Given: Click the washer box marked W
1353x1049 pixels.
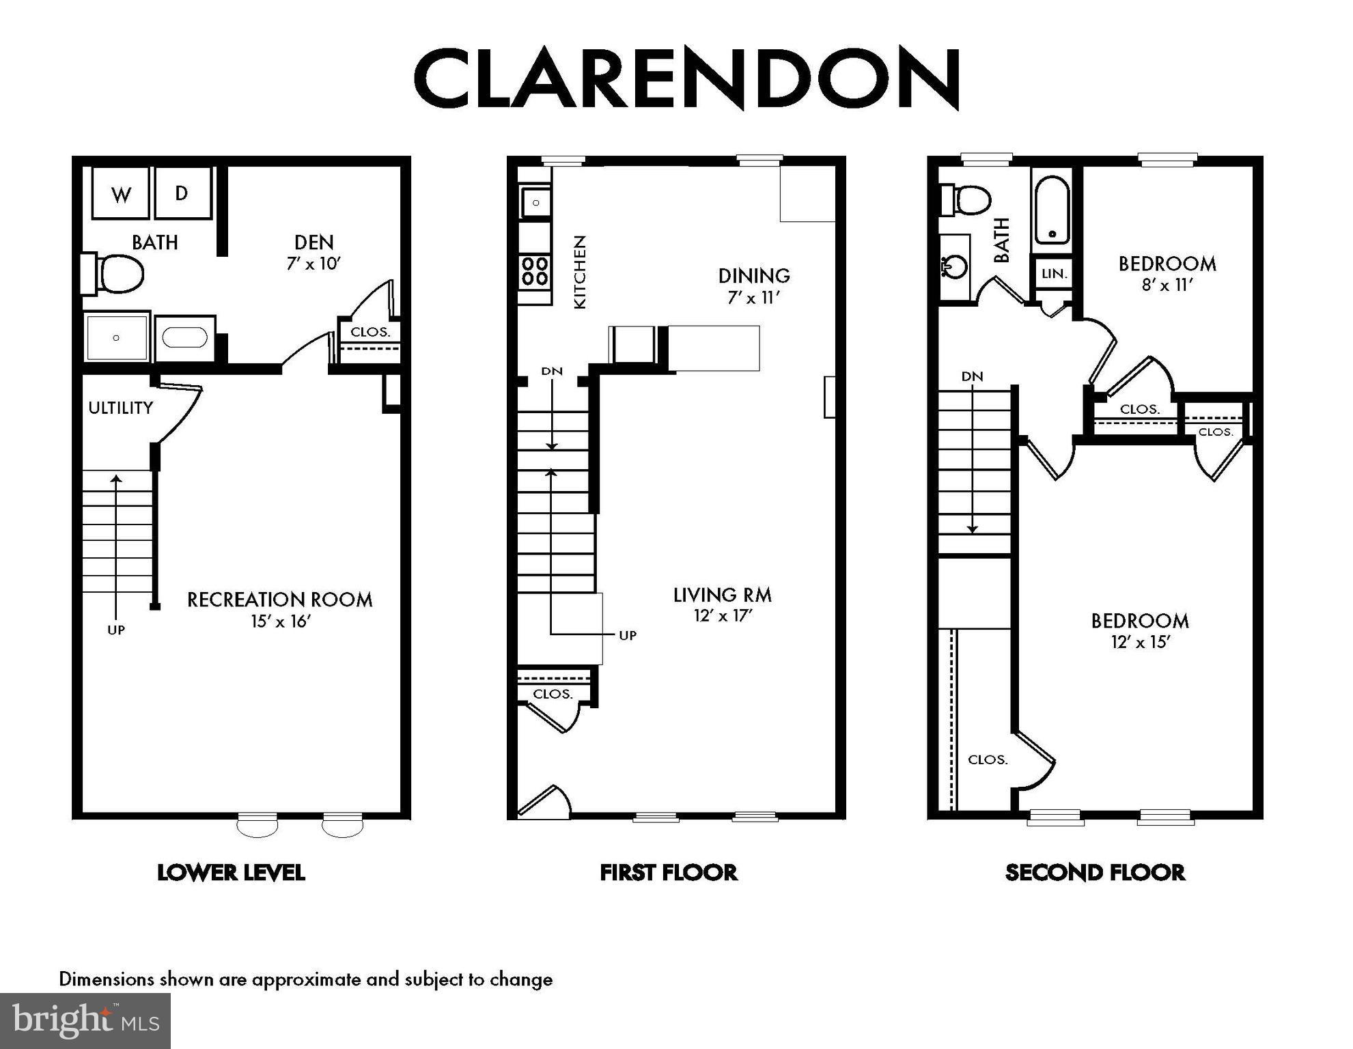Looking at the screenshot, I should pyautogui.click(x=121, y=194).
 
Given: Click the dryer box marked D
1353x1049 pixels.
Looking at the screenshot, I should pyautogui.click(x=182, y=193).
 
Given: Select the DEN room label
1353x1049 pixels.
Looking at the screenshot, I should pyautogui.click(x=314, y=242).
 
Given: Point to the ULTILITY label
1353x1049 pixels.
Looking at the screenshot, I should pyautogui.click(x=121, y=408).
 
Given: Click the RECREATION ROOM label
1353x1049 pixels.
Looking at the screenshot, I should pyautogui.click(x=279, y=600).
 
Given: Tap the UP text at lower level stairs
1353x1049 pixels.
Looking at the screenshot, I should pyautogui.click(x=116, y=630).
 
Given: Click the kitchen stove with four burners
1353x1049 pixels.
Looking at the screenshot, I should pyautogui.click(x=535, y=270).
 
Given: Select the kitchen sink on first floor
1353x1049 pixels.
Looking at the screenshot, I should pyautogui.click(x=536, y=202).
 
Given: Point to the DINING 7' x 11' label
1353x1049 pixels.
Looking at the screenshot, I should pyautogui.click(x=754, y=285).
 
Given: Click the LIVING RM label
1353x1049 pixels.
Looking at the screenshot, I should pyautogui.click(x=723, y=595).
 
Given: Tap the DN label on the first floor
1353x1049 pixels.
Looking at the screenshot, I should pyautogui.click(x=552, y=372).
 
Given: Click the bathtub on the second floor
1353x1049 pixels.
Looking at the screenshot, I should pyautogui.click(x=1052, y=211).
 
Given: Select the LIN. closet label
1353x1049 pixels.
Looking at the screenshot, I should pyautogui.click(x=1054, y=274).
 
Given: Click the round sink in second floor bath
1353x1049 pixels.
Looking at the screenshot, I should pyautogui.click(x=956, y=266).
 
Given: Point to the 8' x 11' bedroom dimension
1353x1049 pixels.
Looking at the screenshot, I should pyautogui.click(x=1167, y=285).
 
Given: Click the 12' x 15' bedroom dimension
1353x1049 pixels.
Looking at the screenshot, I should pyautogui.click(x=1140, y=642).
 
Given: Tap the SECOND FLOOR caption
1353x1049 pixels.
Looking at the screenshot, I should pyautogui.click(x=1095, y=873).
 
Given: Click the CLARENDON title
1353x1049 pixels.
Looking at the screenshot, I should pyautogui.click(x=687, y=79).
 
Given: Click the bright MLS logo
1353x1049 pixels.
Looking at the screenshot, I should pyautogui.click(x=85, y=1021).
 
